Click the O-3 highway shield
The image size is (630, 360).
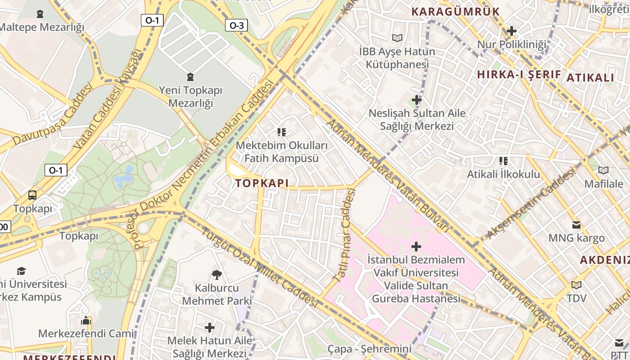[x=236, y=25]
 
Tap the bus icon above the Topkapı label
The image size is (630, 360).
[x=32, y=195]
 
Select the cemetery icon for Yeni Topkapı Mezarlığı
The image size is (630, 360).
[x=190, y=77]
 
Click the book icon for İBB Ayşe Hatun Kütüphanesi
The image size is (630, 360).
[x=397, y=38]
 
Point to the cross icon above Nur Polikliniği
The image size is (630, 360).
[x=511, y=31]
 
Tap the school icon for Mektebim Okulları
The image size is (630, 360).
[x=282, y=132]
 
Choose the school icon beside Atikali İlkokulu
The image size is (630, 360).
[x=503, y=161]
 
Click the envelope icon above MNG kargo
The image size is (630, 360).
[x=576, y=225]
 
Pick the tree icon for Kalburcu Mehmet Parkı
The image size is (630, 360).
[x=216, y=274]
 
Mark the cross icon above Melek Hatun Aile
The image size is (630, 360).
[x=209, y=327]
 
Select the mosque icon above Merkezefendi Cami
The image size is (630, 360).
[x=85, y=320]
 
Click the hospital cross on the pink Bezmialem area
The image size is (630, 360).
[x=416, y=246]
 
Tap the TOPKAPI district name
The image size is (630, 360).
[x=261, y=183]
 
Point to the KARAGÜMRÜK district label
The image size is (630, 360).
[x=455, y=12]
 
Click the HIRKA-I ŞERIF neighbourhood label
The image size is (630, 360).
[x=518, y=75]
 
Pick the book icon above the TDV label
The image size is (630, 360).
[x=576, y=285]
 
